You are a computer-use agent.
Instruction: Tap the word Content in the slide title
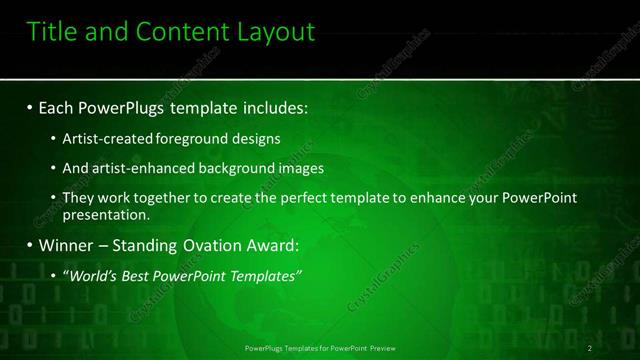176,32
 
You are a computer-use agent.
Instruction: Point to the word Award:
270,245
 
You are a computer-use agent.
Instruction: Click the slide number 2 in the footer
591,347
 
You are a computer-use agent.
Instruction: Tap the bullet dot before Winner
30,245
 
